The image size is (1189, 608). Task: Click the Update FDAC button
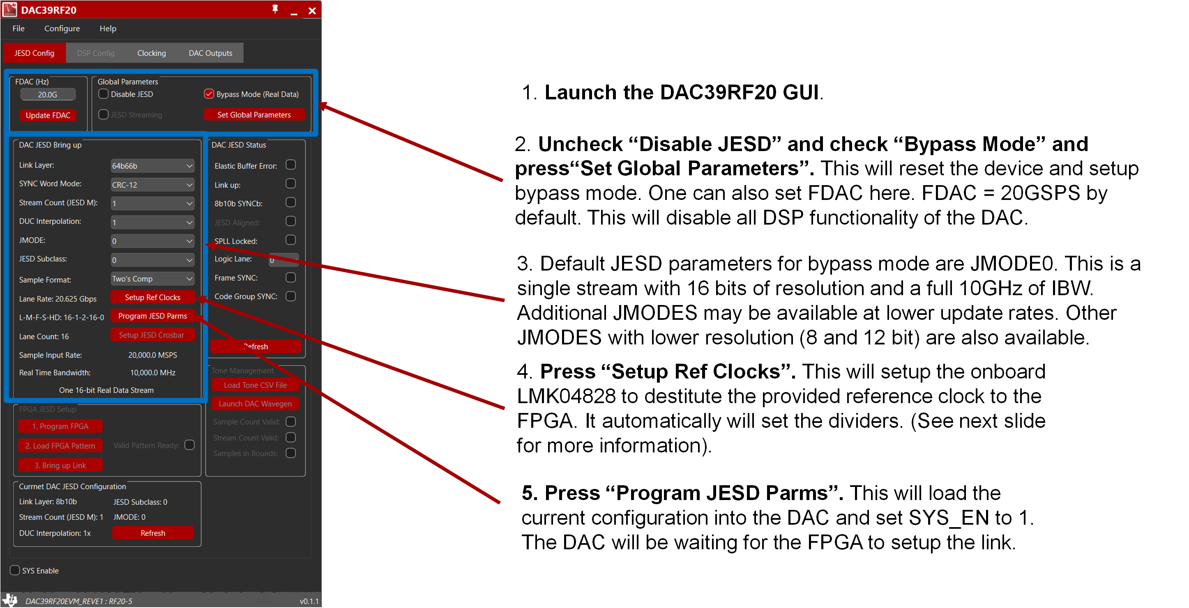48,115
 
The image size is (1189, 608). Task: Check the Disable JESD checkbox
104,94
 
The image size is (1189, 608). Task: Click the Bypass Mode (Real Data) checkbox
209,94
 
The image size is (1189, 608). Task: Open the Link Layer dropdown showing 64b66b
152,165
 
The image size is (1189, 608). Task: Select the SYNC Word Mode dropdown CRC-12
152,184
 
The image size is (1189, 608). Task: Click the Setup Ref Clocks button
152,297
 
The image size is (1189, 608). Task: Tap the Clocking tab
151,53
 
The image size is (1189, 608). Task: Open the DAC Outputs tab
210,53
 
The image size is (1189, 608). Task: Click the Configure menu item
62,29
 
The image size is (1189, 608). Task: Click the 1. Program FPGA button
60,426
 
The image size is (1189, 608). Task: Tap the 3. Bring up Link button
60,465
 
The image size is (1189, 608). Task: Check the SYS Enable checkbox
15,570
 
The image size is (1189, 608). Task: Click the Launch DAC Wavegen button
255,404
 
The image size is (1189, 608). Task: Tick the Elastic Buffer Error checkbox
291,165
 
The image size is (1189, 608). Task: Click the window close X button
312,11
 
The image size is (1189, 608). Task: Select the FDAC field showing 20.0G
48,94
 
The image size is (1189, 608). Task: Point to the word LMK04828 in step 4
565,396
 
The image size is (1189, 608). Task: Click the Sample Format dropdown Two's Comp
152,279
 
